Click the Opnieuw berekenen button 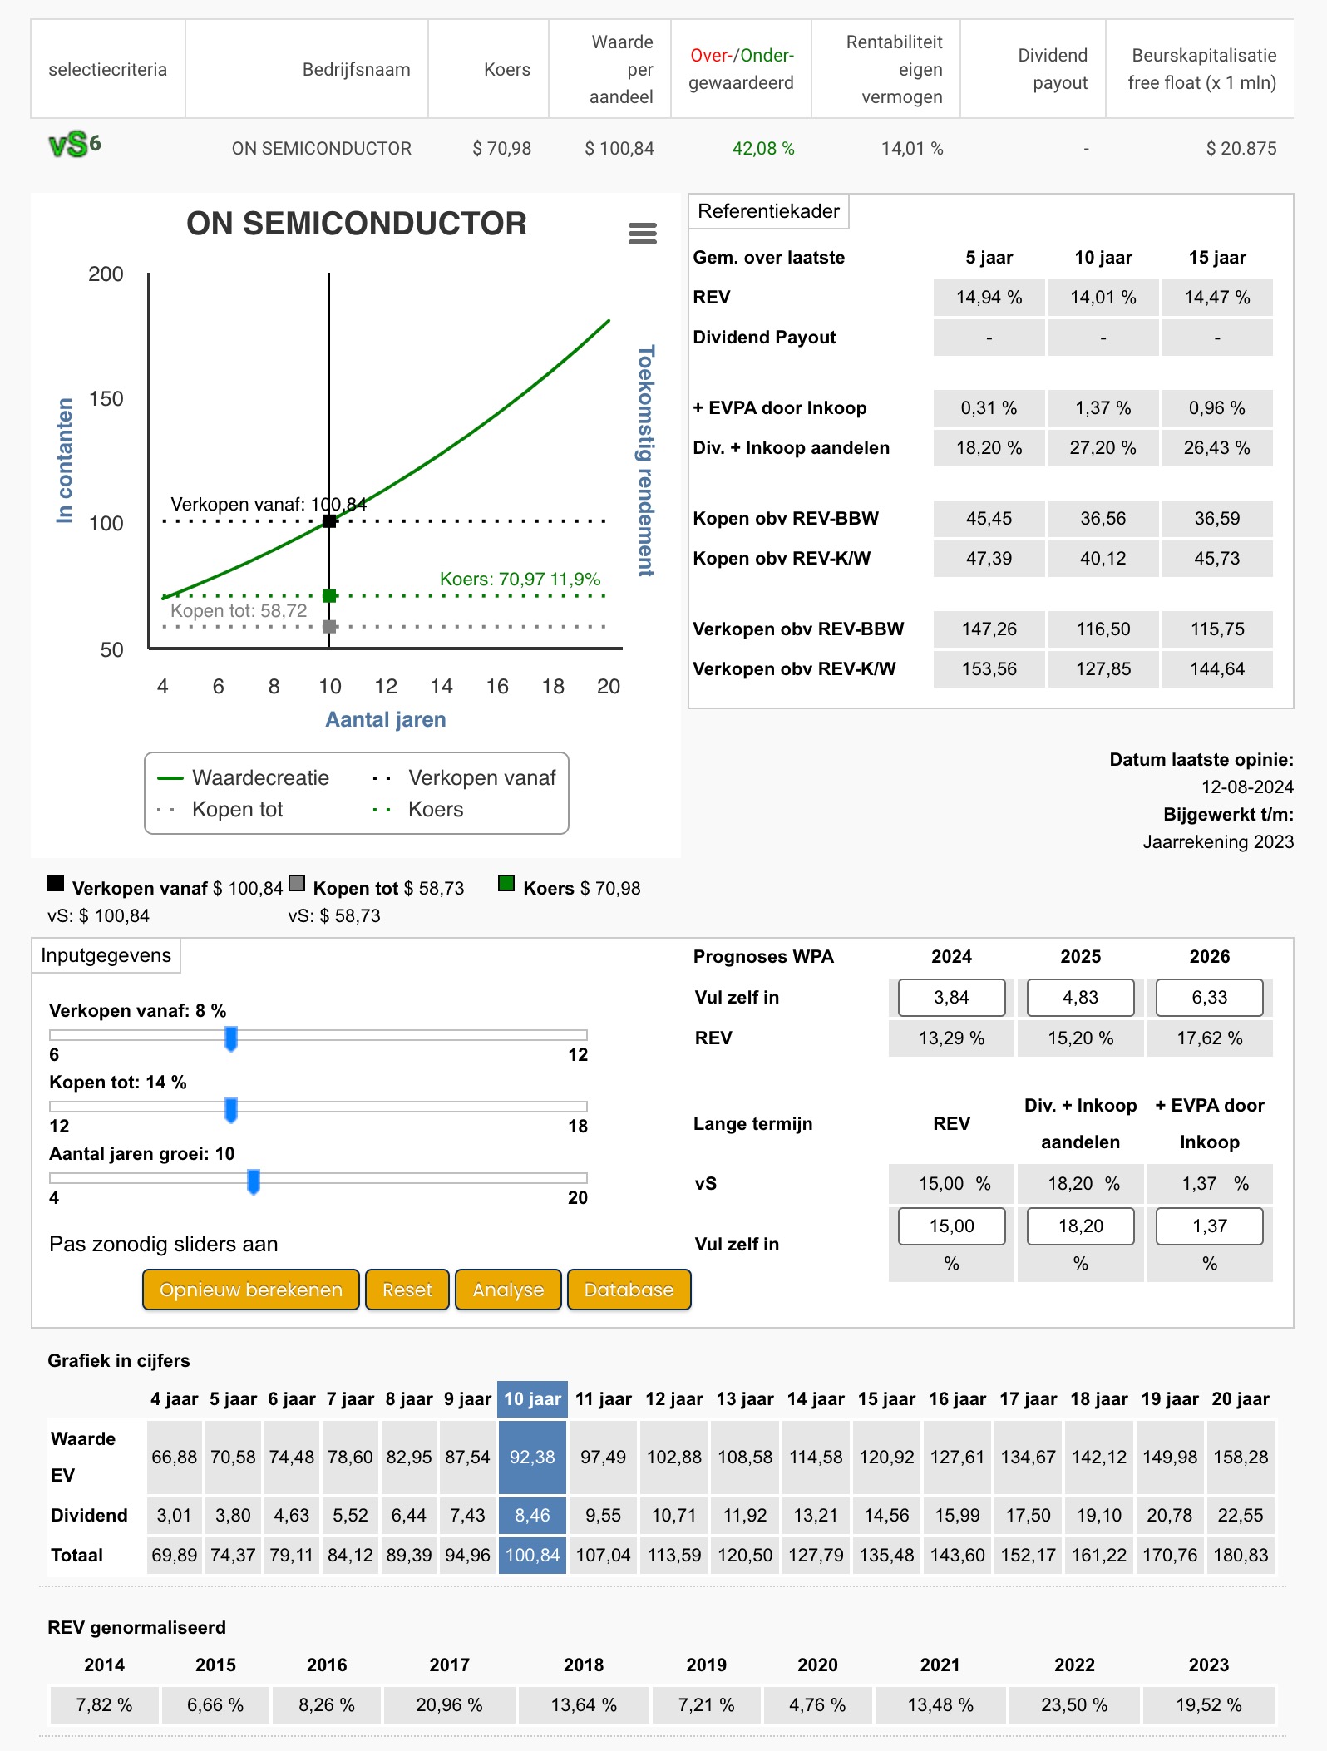pyautogui.click(x=250, y=1290)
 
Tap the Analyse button pyautogui.click(x=508, y=1290)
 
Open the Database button pyautogui.click(x=629, y=1290)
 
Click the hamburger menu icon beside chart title pyautogui.click(x=643, y=234)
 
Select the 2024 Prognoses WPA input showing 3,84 pyautogui.click(x=951, y=997)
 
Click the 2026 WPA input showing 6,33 pyautogui.click(x=1209, y=997)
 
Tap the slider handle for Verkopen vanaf pyautogui.click(x=231, y=1038)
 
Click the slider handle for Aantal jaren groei pyautogui.click(x=254, y=1181)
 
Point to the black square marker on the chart pyautogui.click(x=329, y=521)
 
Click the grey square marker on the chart pyautogui.click(x=329, y=626)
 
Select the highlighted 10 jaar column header pyautogui.click(x=532, y=1399)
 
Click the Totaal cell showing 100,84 pyautogui.click(x=532, y=1555)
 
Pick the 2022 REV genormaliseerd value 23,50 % pyautogui.click(x=1074, y=1704)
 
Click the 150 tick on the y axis pyautogui.click(x=106, y=399)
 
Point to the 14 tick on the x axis pyautogui.click(x=441, y=686)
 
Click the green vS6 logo pyautogui.click(x=75, y=146)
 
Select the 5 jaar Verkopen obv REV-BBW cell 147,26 pyautogui.click(x=989, y=629)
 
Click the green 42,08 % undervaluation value pyautogui.click(x=762, y=148)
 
